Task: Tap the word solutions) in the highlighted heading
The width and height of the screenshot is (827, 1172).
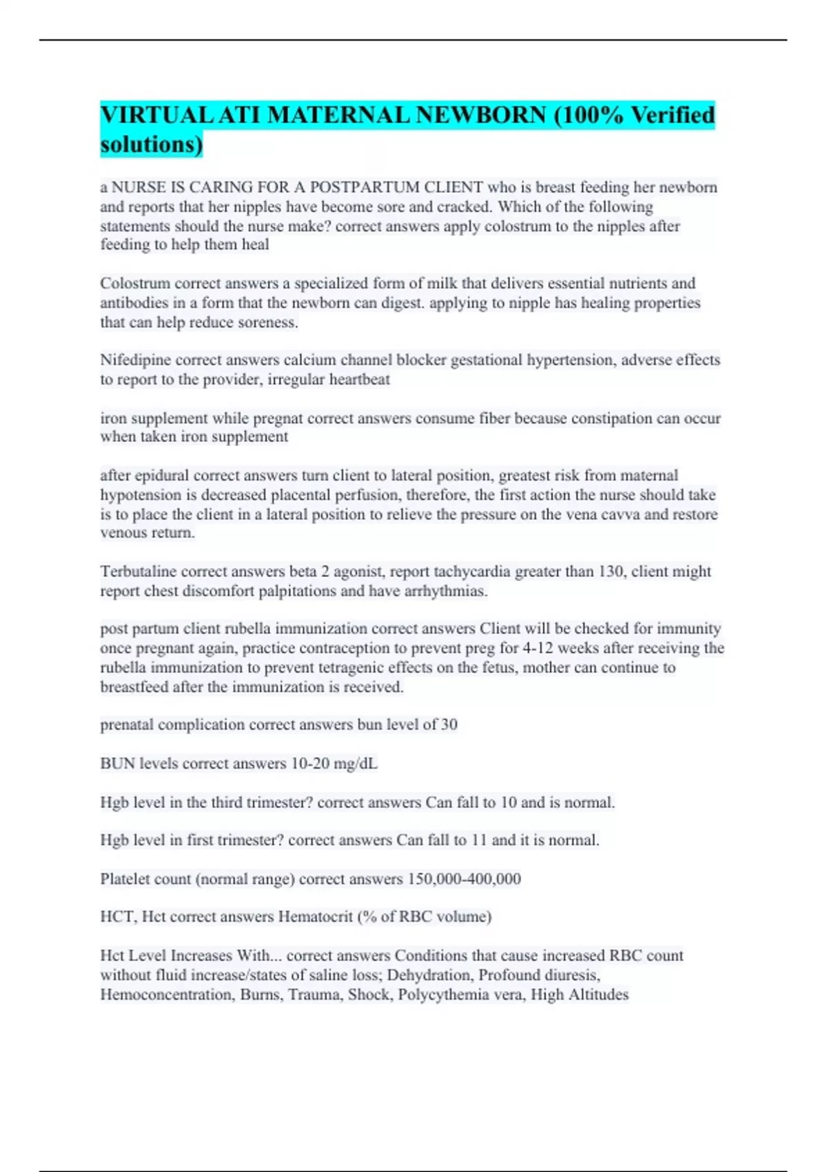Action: tap(152, 144)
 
